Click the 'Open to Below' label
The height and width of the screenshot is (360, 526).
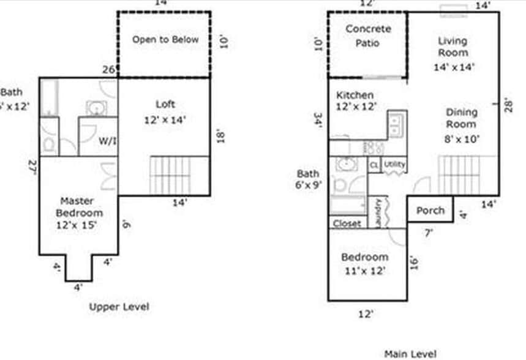point(165,40)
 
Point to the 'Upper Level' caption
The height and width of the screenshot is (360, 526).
point(119,306)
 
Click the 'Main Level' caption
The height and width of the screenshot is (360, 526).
point(410,353)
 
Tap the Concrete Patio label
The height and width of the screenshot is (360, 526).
point(367,36)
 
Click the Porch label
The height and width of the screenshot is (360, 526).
point(430,210)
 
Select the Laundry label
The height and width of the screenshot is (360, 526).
point(379,211)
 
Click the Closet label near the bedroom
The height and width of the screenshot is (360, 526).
point(347,223)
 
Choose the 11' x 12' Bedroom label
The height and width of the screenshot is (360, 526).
point(364,263)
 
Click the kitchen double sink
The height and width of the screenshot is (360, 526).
point(396,126)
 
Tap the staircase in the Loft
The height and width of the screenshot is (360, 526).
point(172,175)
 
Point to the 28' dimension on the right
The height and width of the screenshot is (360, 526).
point(508,105)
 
